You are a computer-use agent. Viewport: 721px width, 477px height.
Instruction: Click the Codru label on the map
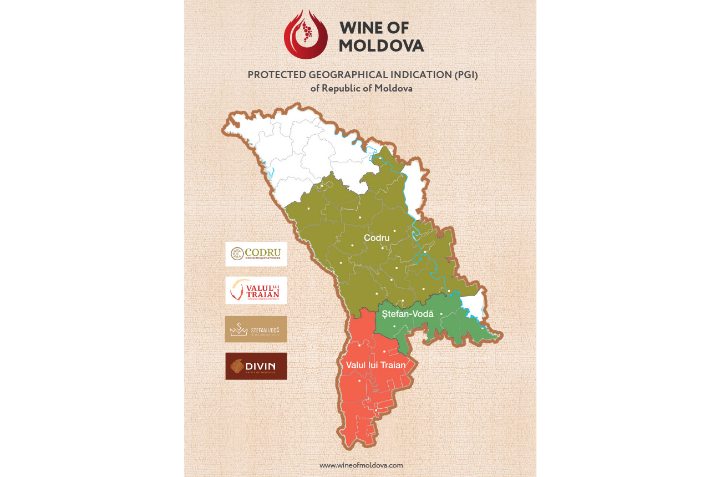coord(377,237)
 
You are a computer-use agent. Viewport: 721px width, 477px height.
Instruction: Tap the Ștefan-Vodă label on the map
coord(407,314)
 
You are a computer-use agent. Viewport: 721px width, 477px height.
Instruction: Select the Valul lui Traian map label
coord(376,365)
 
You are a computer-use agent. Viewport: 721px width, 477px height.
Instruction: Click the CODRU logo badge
coord(256,254)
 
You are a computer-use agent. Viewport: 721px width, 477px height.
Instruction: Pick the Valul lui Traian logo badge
coord(256,290)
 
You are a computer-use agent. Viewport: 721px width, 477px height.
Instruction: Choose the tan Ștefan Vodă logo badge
coord(256,329)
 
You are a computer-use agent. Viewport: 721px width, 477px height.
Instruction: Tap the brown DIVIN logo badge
coord(256,366)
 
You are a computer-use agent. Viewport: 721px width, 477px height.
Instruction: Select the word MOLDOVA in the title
coord(382,45)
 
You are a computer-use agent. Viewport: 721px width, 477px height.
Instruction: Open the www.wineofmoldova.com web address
coord(361,465)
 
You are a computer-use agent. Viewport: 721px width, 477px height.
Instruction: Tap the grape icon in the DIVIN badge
coord(236,366)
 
